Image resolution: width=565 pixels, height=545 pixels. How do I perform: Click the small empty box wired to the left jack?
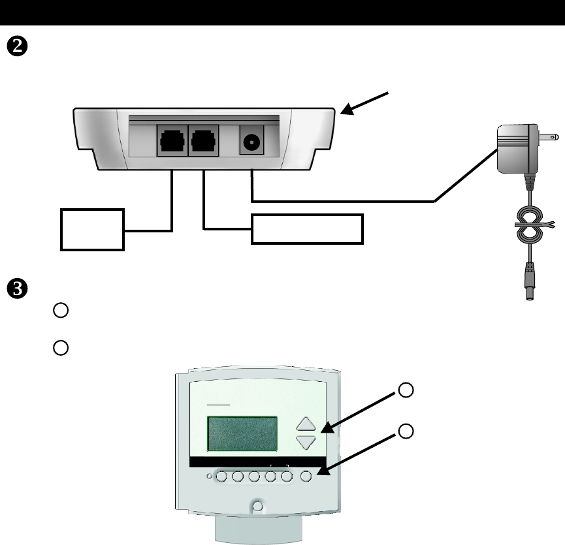point(92,230)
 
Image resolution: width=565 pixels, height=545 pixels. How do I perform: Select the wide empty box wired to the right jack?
point(307,228)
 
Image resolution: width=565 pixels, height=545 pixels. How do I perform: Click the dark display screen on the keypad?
point(242,433)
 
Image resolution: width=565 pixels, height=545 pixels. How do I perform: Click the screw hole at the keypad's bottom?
point(258,506)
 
